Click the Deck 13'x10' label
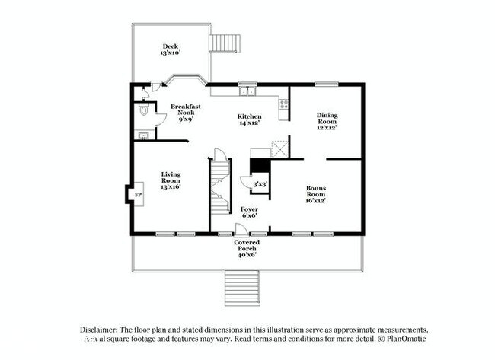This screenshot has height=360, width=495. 168,49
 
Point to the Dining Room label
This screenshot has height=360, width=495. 327,121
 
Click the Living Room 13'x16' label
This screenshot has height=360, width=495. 171,180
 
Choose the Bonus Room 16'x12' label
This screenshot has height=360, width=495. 316,194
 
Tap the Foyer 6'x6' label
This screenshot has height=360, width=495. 249,212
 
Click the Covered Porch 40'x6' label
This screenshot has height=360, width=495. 246,248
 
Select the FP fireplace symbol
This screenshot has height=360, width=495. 138,195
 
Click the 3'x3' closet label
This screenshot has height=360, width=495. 260,183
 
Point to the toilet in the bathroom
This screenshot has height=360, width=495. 145,111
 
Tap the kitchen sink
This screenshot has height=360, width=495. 246,92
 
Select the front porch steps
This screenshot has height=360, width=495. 243,288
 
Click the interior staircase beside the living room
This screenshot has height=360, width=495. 219,186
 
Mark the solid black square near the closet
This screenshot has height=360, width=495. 260,165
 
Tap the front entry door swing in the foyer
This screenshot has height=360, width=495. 240,228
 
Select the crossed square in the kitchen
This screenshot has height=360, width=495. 280,148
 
